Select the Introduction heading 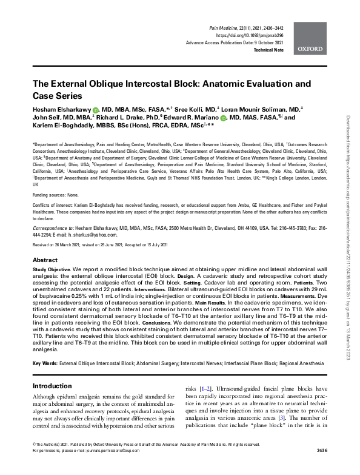tap(52, 386)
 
